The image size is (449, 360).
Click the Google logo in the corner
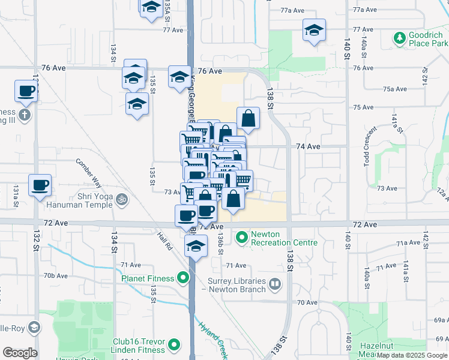pyautogui.click(x=20, y=353)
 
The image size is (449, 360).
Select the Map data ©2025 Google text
pyautogui.click(x=412, y=356)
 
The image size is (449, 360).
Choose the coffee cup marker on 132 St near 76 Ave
pyautogui.click(x=26, y=91)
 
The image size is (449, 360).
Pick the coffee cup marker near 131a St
pyautogui.click(x=40, y=185)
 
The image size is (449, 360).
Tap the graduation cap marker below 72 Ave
pyautogui.click(x=196, y=246)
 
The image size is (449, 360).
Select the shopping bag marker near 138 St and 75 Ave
pyautogui.click(x=248, y=118)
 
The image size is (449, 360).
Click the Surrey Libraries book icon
pyautogui.click(x=275, y=283)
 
